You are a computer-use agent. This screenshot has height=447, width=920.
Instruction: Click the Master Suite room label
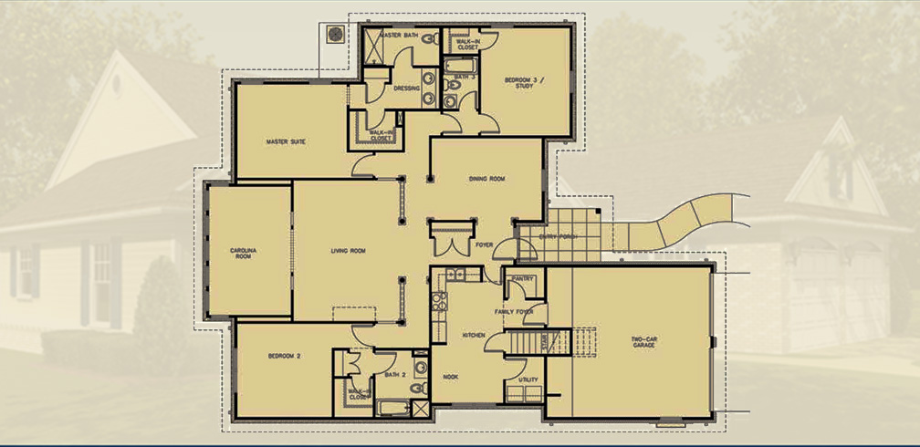(x=285, y=142)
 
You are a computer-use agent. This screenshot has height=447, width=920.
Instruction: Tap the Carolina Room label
(x=244, y=253)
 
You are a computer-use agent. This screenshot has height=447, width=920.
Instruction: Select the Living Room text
(x=347, y=251)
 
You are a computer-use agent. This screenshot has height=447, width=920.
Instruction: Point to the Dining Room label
(x=486, y=179)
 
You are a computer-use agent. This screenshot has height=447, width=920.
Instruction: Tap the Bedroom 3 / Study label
(x=524, y=84)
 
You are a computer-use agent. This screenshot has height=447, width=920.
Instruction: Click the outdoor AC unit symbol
(x=335, y=34)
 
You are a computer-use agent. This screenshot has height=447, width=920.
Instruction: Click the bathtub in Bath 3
(x=457, y=65)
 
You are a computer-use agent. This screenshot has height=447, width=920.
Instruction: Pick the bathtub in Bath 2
(x=393, y=406)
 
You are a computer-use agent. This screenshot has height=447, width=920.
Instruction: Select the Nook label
(x=450, y=377)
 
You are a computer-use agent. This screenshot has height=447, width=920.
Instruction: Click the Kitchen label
(x=473, y=336)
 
